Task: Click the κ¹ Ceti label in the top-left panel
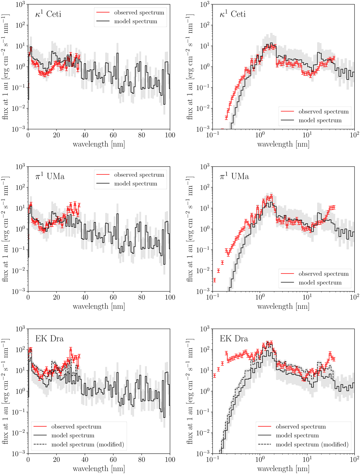[x=48, y=14]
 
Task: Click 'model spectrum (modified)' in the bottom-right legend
[x=312, y=444]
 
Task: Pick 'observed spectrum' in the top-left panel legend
[x=139, y=13]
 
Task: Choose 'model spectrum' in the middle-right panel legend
[x=320, y=282]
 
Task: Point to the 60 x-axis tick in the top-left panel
[x=113, y=135]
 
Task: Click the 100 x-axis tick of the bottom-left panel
[x=170, y=460]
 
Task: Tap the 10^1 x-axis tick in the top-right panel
[x=307, y=135]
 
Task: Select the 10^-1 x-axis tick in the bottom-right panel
[x=212, y=460]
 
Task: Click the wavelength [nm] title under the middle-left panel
[x=99, y=306]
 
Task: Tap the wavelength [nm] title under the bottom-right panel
[x=283, y=469]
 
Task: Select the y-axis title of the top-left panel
[x=5, y=67]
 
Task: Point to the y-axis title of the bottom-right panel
[x=190, y=391]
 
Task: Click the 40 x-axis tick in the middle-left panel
[x=85, y=297]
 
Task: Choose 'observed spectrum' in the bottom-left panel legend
[x=76, y=427]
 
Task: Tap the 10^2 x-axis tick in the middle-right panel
[x=354, y=297]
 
